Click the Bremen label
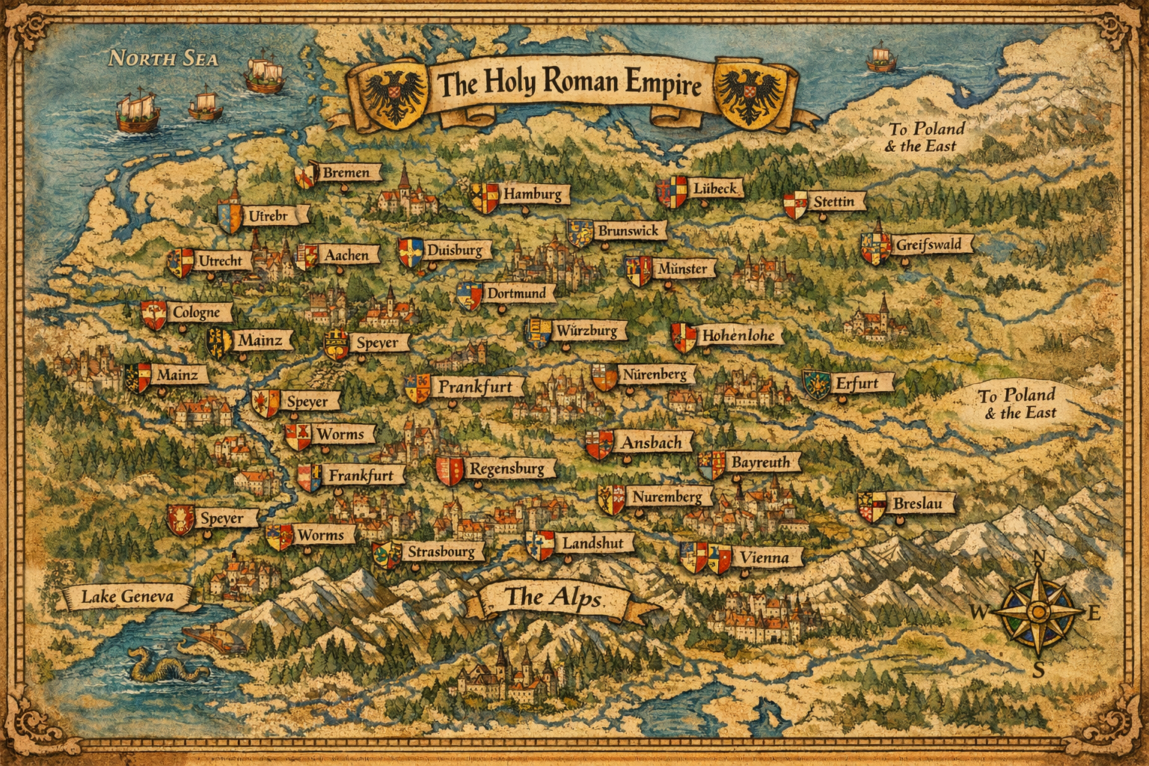point(346,173)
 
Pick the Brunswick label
point(628,231)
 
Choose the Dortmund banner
point(516,293)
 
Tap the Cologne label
point(196,313)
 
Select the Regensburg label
point(506,469)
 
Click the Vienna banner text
point(764,557)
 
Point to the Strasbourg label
point(441,552)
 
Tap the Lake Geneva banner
point(127,596)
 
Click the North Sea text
point(163,58)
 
